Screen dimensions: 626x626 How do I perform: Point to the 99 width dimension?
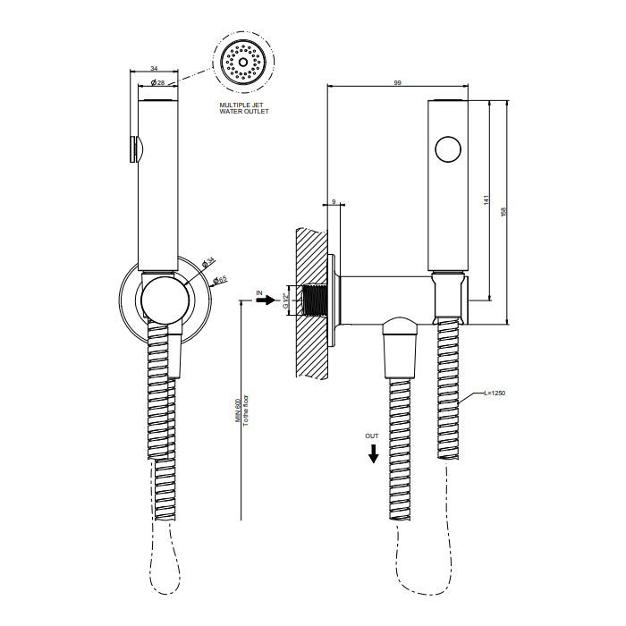coord(397,82)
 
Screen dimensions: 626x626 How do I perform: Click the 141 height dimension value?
coord(486,203)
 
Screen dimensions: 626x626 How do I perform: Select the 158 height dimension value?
coord(505,211)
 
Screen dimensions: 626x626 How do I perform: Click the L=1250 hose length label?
coord(495,393)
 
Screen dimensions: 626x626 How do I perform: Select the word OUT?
coord(371,434)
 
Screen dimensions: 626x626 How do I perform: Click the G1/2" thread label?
coord(286,300)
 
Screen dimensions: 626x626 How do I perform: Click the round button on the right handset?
coord(448,149)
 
